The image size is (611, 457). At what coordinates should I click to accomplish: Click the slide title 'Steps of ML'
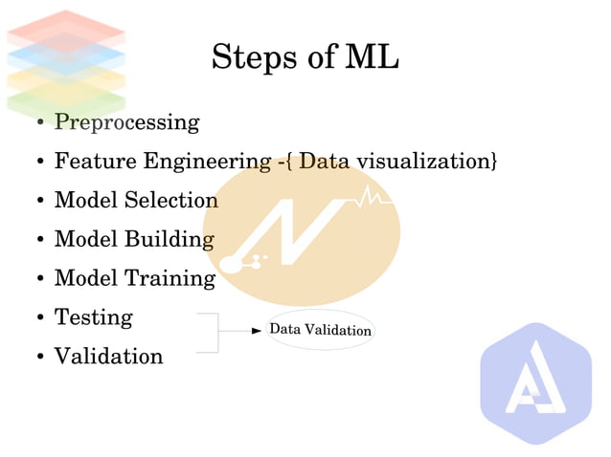point(305,57)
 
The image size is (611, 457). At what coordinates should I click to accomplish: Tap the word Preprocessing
point(126,123)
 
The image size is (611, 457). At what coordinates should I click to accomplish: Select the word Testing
point(93,317)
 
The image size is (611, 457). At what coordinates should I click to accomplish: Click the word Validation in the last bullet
point(108,357)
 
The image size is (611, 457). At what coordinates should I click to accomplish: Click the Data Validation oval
point(320,331)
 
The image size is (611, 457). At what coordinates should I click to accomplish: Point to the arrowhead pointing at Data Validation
point(256,331)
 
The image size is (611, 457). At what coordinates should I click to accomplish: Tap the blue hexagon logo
point(535,383)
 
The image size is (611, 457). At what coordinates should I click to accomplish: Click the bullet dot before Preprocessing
point(39,124)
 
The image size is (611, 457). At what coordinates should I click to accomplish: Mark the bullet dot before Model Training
point(39,280)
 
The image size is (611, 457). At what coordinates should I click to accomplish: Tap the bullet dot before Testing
point(39,318)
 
